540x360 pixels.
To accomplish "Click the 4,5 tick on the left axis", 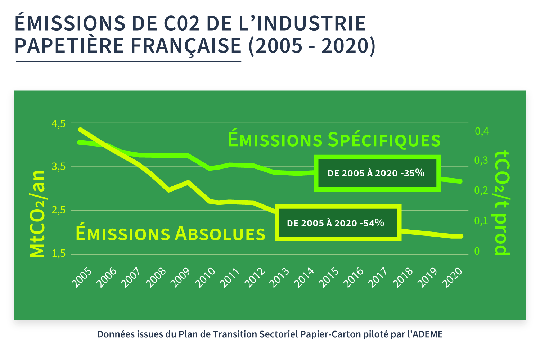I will (x=59, y=124).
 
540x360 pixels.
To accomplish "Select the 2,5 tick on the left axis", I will (x=59, y=210).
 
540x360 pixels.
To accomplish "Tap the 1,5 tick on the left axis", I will (x=59, y=254).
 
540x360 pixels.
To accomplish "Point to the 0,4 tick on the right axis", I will (x=482, y=131).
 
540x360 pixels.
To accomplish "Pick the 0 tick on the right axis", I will (x=477, y=251).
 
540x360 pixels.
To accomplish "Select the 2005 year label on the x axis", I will (x=82, y=278).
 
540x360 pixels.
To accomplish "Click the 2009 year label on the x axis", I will (x=180, y=278).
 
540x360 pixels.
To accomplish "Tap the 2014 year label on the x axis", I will (x=304, y=278).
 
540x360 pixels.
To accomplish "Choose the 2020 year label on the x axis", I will (x=452, y=278).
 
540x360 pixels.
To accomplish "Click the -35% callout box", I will (x=377, y=173).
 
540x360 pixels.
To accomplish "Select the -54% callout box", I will (x=338, y=223).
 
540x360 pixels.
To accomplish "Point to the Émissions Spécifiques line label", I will (x=334, y=140).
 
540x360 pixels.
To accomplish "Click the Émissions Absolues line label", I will (x=170, y=233).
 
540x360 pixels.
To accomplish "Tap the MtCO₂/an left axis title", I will (x=37, y=214).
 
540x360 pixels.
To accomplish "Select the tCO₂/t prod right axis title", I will (x=503, y=203).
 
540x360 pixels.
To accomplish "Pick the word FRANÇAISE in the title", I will (x=186, y=46).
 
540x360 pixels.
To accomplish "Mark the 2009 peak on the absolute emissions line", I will (x=187, y=182).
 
